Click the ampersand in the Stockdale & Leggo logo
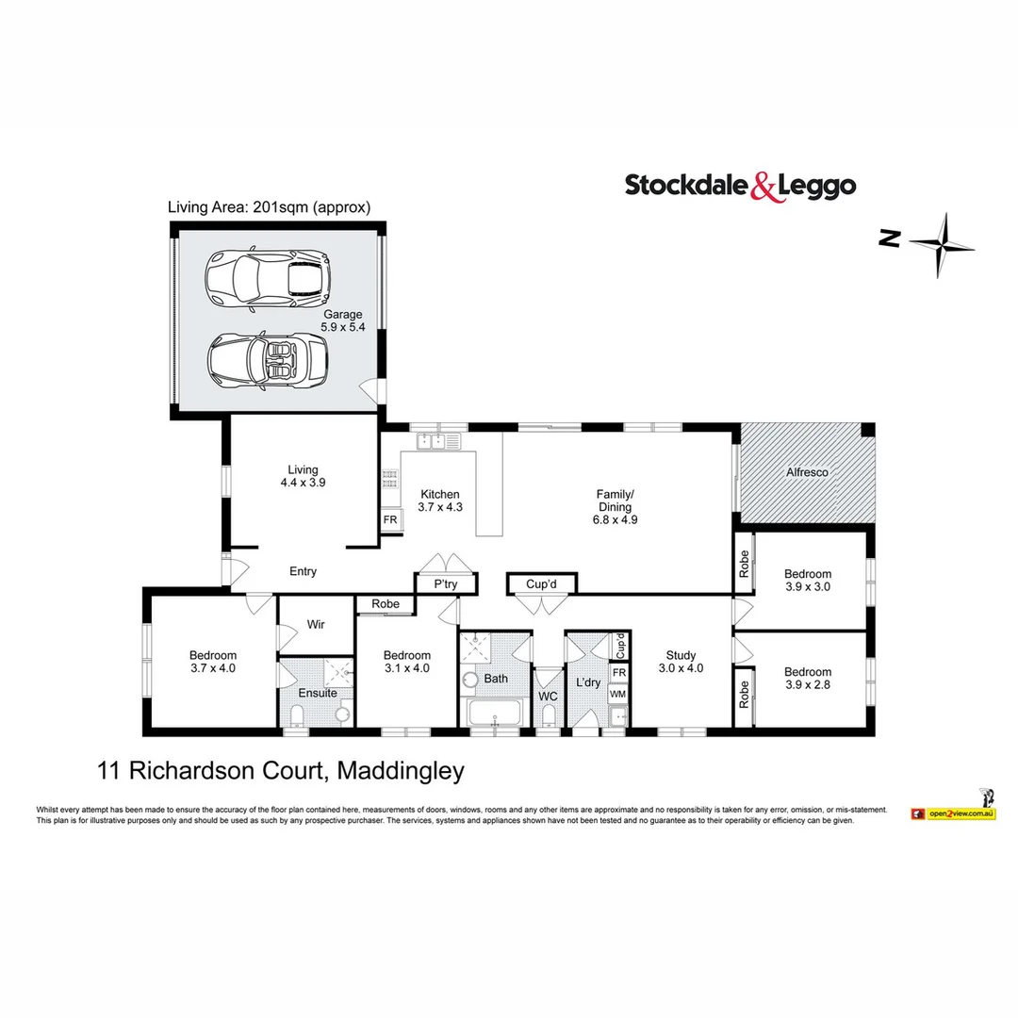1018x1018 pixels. [x=764, y=187]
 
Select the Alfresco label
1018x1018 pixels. [x=808, y=472]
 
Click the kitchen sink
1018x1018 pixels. [x=437, y=440]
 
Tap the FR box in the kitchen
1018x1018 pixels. [x=389, y=520]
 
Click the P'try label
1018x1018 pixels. [x=446, y=584]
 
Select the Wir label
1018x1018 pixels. [x=317, y=623]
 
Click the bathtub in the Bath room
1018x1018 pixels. [x=493, y=714]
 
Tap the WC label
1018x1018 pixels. [x=549, y=697]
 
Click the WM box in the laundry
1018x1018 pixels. [x=618, y=694]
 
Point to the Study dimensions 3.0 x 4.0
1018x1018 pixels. [x=681, y=668]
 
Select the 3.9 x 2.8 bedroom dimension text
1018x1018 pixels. [x=808, y=685]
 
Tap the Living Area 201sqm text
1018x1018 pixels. [x=269, y=207]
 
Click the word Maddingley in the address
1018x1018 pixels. [x=400, y=771]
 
